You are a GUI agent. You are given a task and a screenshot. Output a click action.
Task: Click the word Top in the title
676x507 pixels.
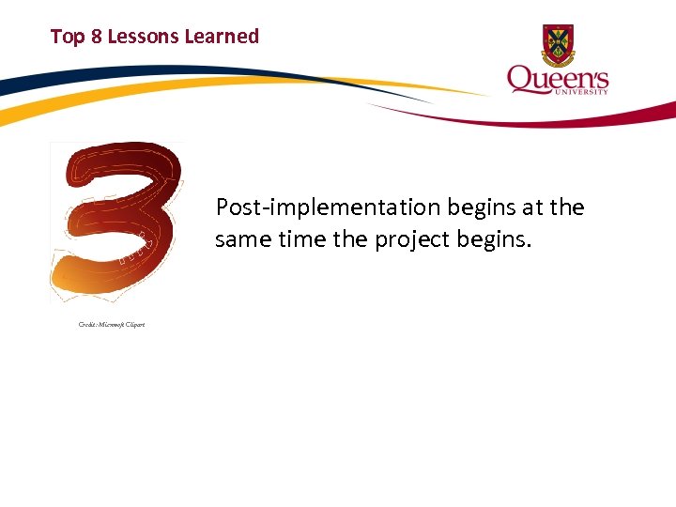[68, 37]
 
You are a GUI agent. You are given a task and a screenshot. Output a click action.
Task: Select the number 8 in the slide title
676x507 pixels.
[96, 37]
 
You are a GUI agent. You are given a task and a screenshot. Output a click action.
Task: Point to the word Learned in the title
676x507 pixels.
[222, 37]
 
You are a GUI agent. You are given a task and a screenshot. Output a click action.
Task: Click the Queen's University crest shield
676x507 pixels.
[559, 44]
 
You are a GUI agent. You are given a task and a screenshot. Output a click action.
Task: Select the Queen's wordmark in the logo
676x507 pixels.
[558, 79]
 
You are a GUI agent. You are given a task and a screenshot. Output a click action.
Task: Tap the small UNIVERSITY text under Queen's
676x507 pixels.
[583, 91]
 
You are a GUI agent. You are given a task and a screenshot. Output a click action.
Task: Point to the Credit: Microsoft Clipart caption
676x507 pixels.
[111, 324]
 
